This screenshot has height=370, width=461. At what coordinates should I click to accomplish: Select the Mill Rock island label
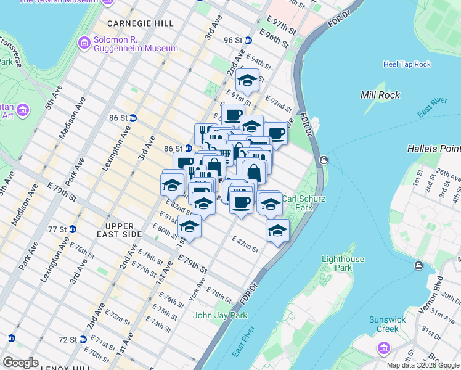click(x=380, y=95)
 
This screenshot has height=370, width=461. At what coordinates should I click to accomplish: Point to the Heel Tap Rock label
click(x=407, y=64)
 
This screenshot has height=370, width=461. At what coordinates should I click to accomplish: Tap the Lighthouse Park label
click(x=343, y=264)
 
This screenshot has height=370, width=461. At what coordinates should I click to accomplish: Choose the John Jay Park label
click(x=220, y=315)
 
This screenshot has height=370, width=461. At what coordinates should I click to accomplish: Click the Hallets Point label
click(x=434, y=149)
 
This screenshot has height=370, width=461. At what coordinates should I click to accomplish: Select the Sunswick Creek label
click(x=393, y=324)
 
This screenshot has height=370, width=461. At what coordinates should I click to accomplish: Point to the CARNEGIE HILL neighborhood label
click(x=141, y=23)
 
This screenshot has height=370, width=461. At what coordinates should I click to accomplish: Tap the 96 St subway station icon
click(x=248, y=40)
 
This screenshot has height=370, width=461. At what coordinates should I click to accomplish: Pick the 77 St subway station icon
click(x=72, y=229)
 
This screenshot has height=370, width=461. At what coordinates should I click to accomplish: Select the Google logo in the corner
click(x=21, y=363)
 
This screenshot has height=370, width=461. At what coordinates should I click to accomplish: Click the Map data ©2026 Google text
click(x=423, y=365)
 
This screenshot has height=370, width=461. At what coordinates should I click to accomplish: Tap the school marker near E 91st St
click(x=247, y=80)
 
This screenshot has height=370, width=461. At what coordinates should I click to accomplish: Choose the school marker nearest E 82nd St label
click(x=278, y=232)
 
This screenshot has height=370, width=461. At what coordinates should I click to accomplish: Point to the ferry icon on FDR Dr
click(x=324, y=160)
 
